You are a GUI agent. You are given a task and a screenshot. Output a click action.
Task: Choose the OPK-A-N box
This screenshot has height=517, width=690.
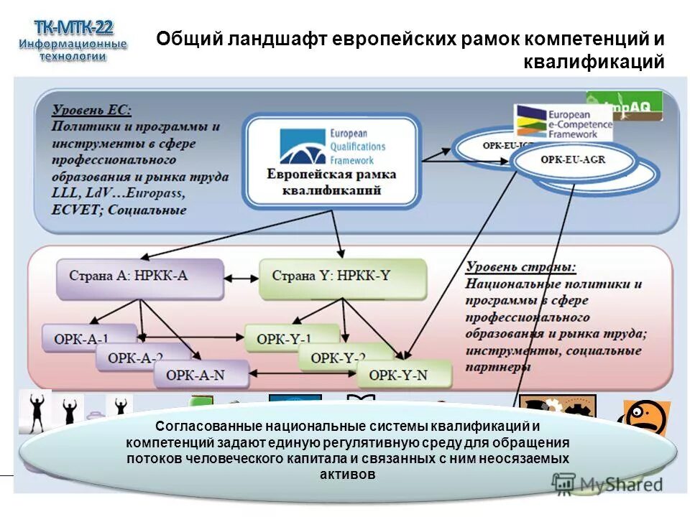click(x=195, y=374)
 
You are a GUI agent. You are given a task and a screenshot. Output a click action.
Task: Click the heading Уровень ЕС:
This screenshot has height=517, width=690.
click(x=91, y=110)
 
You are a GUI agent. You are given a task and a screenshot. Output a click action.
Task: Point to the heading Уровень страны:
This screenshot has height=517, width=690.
click(x=520, y=267)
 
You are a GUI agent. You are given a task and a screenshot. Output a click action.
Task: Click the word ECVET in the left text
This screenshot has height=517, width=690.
click(x=73, y=210)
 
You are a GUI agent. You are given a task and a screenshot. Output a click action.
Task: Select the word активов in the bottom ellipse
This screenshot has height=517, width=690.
click(x=347, y=475)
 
